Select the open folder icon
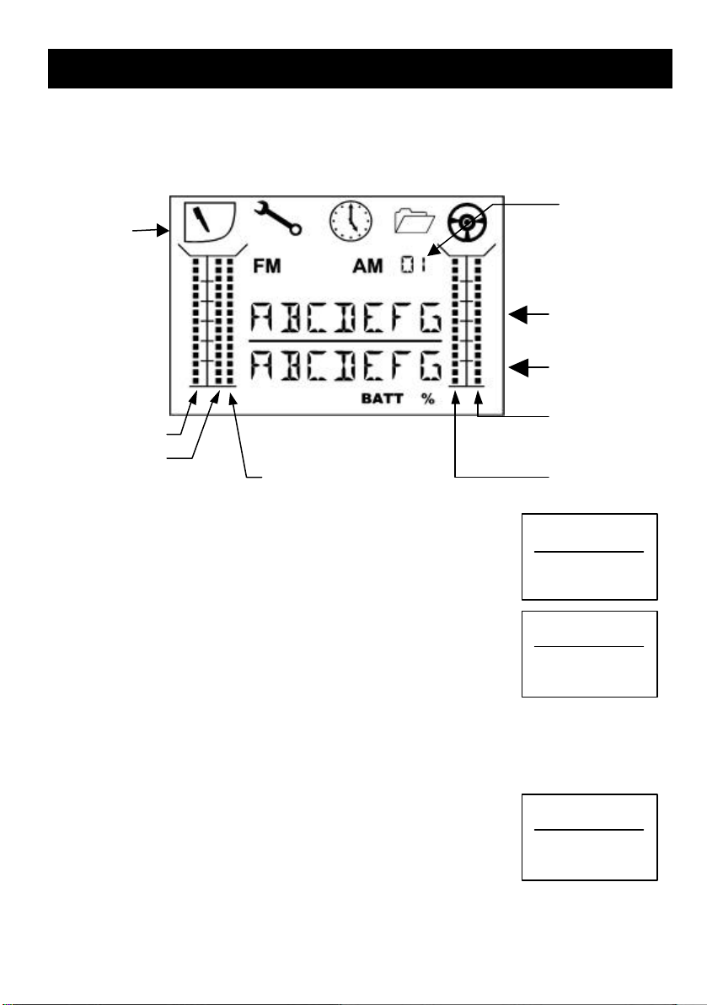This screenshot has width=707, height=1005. tap(415, 222)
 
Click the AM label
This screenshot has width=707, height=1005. tap(368, 266)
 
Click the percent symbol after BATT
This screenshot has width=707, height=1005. tap(429, 399)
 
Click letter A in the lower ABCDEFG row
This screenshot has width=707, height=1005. tap(262, 366)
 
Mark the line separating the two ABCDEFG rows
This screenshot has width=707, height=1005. tap(345, 341)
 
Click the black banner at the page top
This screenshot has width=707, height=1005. tap(359, 68)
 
